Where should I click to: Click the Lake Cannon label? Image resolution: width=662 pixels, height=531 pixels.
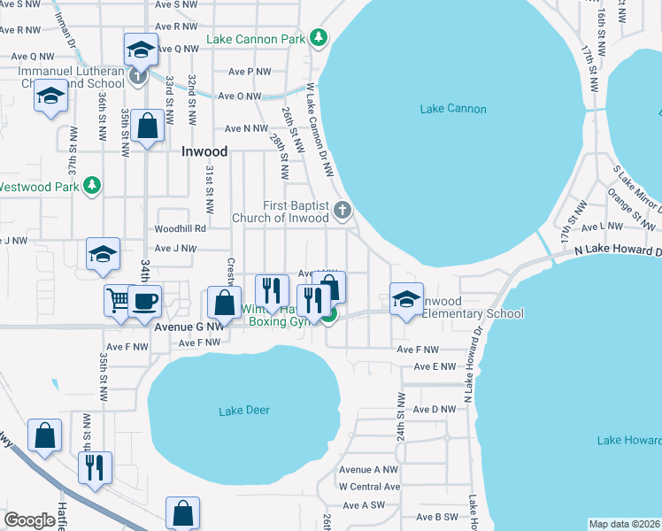point(453,109)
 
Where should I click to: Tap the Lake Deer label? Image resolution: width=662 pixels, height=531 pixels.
point(244,410)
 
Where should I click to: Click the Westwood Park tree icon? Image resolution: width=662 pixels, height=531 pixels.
point(91,186)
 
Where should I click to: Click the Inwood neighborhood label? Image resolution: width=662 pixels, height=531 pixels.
point(204,151)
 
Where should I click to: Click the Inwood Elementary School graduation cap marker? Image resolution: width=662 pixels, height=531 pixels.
point(406,298)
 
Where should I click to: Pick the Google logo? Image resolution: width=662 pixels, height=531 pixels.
point(30,520)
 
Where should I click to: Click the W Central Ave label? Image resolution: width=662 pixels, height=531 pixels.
point(369,487)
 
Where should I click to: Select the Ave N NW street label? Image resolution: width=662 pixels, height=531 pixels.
point(246,128)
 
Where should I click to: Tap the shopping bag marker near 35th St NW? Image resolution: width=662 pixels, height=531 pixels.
point(148,125)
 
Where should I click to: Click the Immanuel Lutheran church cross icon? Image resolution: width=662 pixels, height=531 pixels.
point(138,77)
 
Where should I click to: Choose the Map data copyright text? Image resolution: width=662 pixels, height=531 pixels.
point(624,524)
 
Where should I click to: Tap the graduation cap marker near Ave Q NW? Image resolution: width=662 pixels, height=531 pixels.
point(140,51)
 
